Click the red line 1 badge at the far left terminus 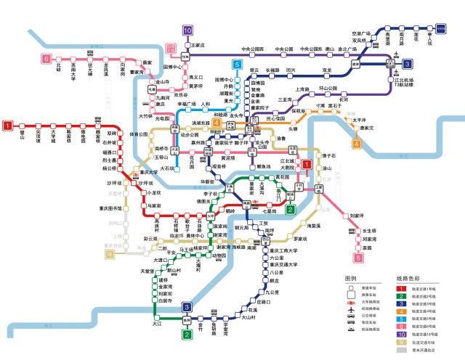7,126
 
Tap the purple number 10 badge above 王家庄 187,30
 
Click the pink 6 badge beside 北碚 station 46,59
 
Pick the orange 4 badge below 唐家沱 357,144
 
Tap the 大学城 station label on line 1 52,136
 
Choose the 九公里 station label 272,292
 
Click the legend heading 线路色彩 408,279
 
